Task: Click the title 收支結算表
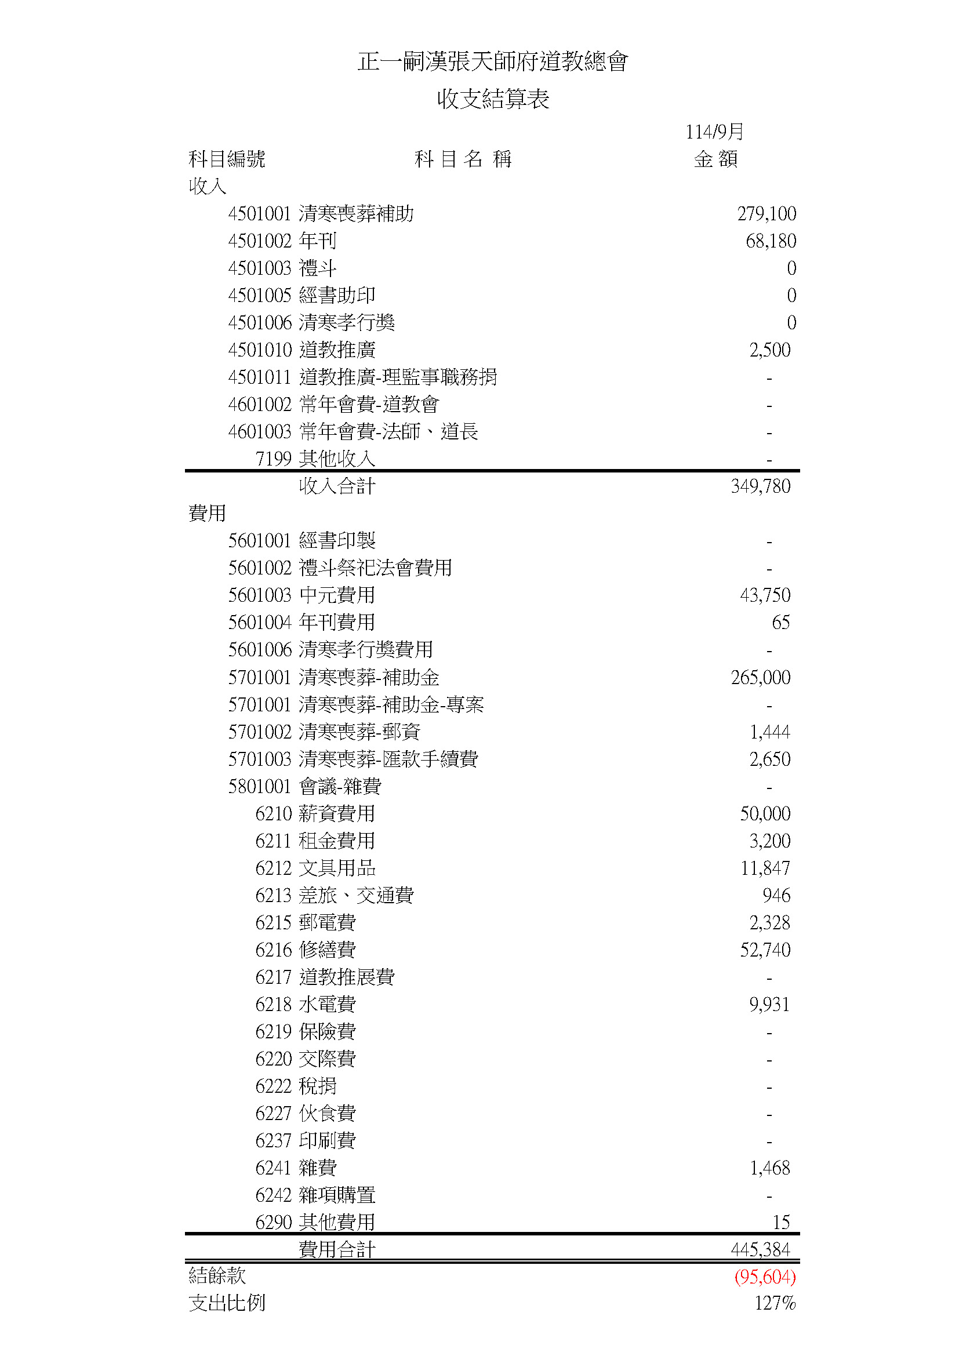[x=492, y=99]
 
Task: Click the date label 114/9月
[x=714, y=132]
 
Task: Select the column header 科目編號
[x=227, y=159]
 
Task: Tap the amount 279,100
[x=766, y=214]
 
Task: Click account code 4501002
[x=260, y=241]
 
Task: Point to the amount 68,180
[x=770, y=241]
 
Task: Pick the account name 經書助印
[x=337, y=295]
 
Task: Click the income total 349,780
[x=760, y=486]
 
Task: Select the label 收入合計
[x=337, y=486]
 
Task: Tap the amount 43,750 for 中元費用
[x=765, y=595]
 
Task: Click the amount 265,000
[x=760, y=677]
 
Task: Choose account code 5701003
[x=260, y=759]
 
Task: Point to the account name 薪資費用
[x=337, y=814]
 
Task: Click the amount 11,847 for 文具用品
[x=765, y=868]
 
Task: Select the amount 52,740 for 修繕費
[x=765, y=950]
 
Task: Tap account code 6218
[x=274, y=1005]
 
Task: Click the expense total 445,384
[x=760, y=1250]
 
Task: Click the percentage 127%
[x=775, y=1303]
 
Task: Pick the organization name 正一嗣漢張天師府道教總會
[x=492, y=61]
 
